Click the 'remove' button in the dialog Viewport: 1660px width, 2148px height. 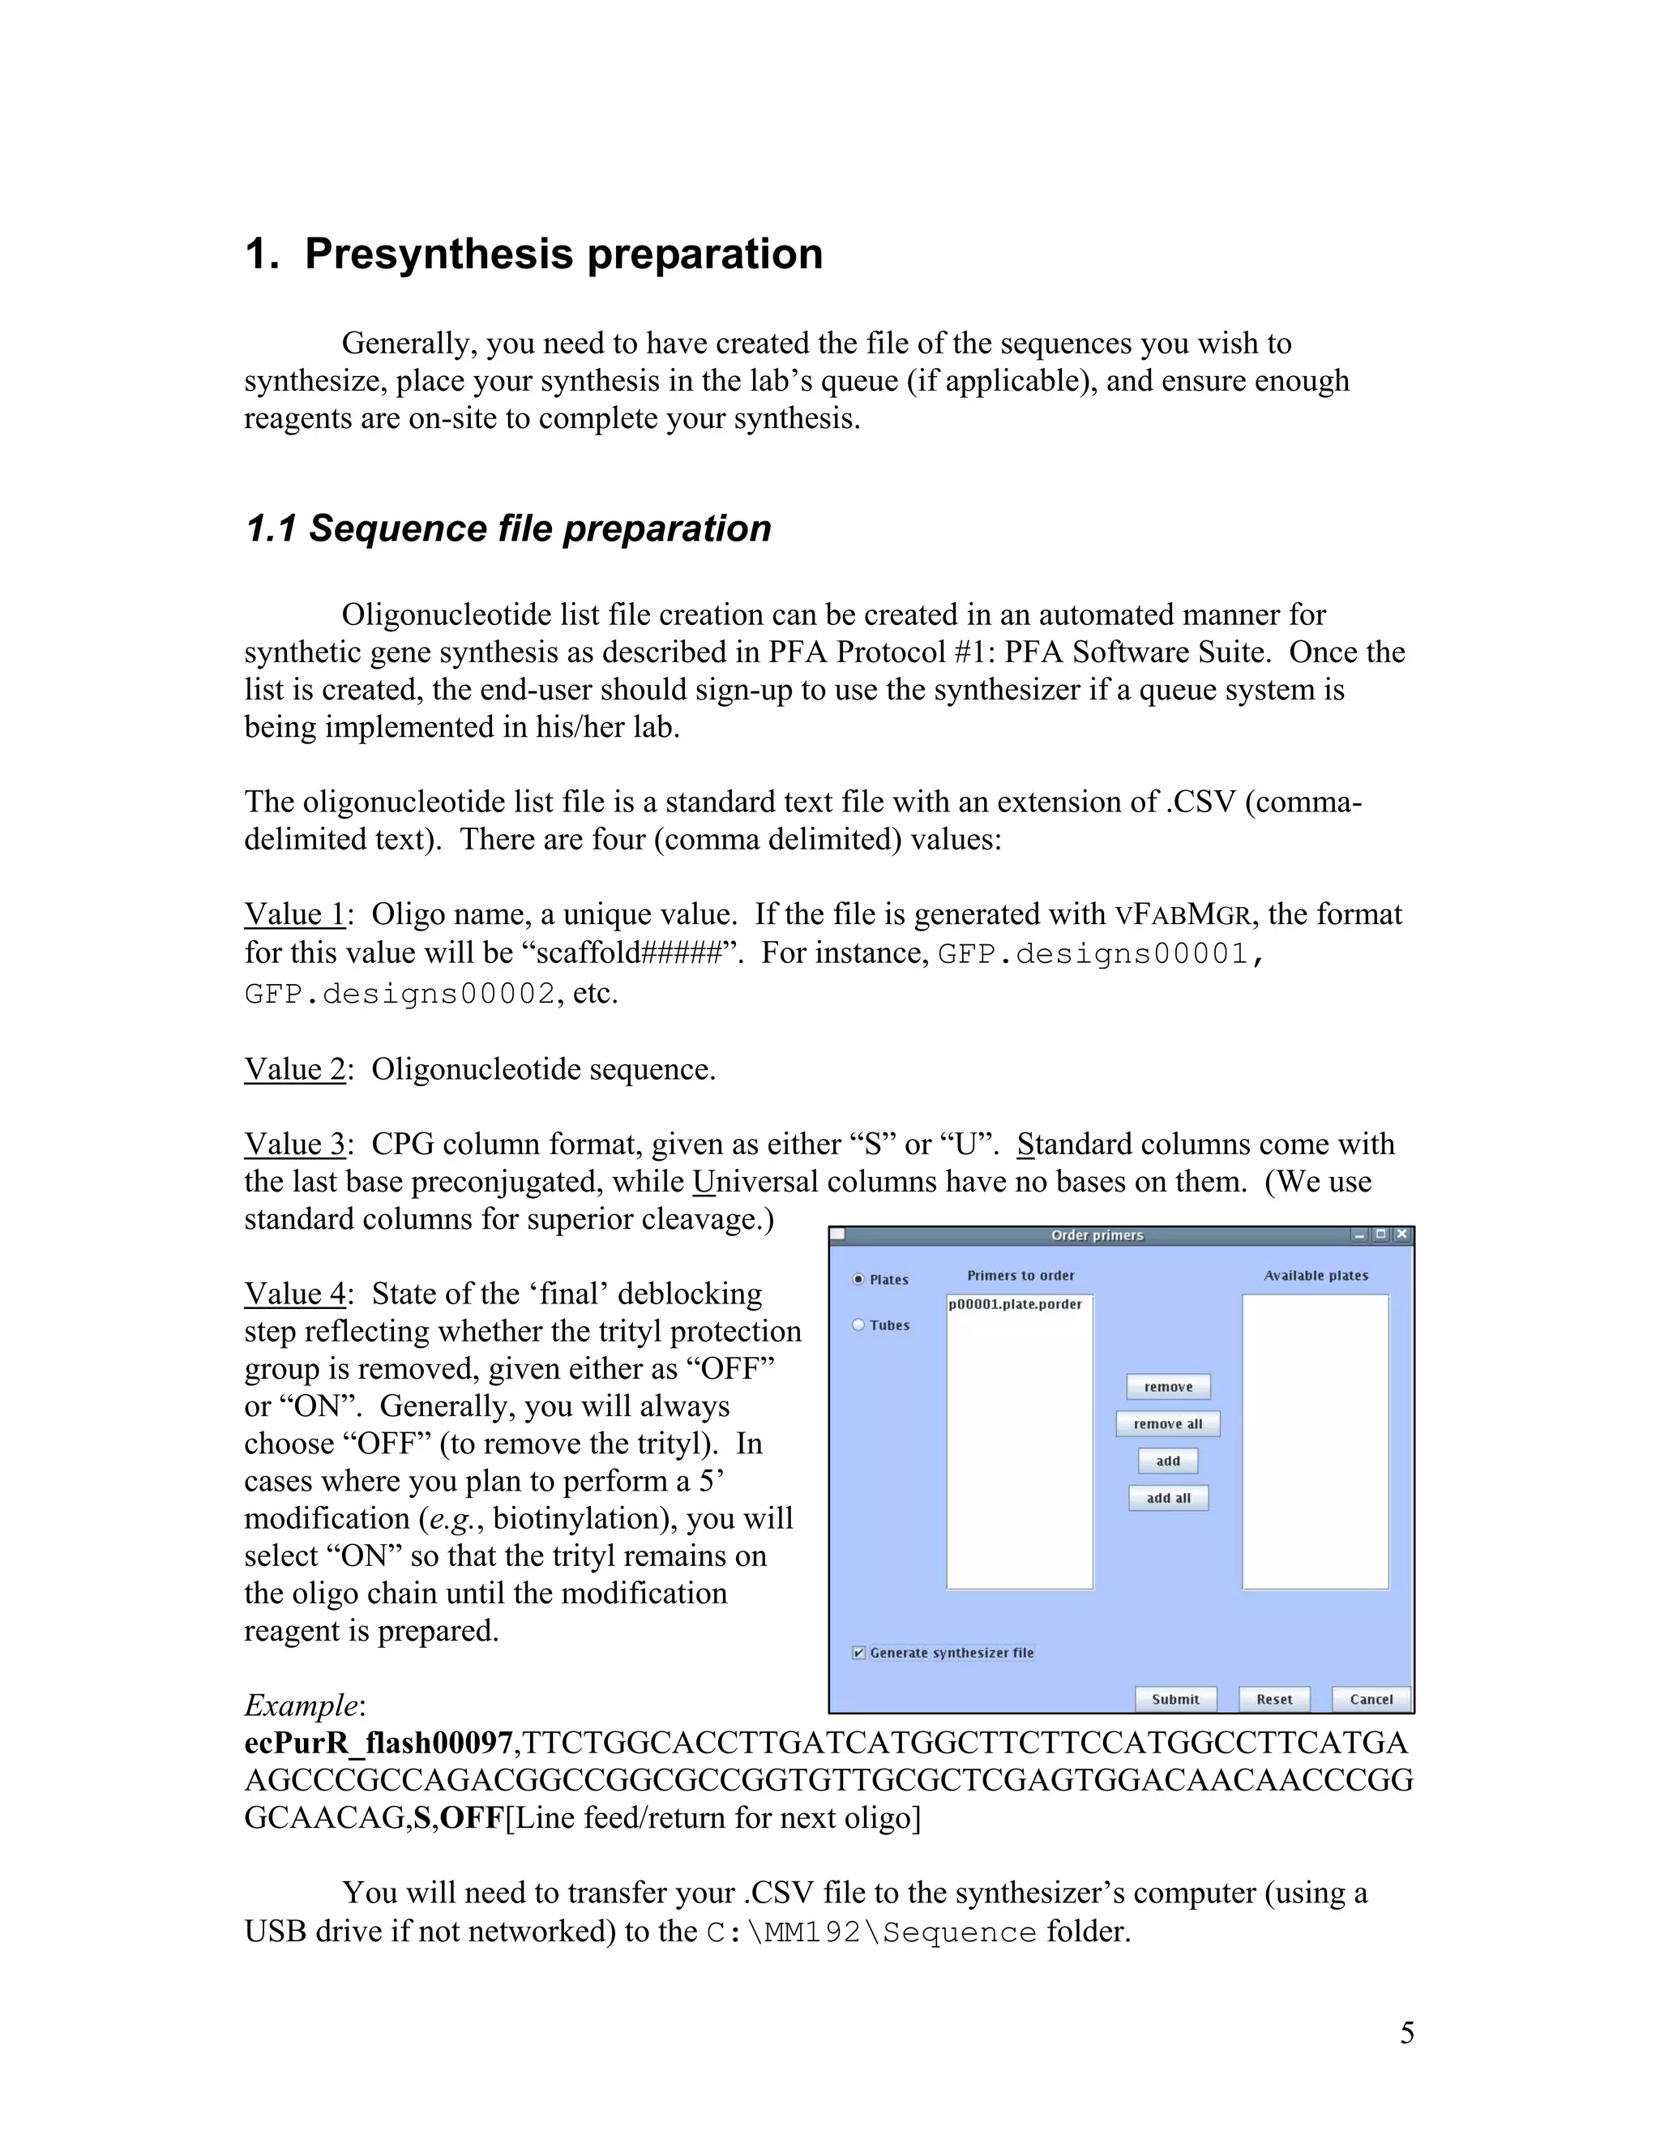point(1167,1387)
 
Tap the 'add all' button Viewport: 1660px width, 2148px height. point(1167,1498)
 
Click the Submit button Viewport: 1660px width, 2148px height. point(1175,1698)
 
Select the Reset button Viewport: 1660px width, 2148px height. point(1273,1698)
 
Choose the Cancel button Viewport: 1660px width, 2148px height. point(1371,1698)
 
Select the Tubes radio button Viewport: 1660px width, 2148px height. point(858,1324)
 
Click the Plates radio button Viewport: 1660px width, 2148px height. point(858,1280)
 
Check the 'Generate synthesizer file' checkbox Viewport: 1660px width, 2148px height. point(858,1652)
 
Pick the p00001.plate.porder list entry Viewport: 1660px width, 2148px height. point(1015,1304)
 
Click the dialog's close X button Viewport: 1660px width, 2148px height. point(1402,1234)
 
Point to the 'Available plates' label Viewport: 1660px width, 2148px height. point(1316,1276)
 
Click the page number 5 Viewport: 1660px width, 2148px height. point(1406,2033)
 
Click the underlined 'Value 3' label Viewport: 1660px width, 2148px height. point(294,1144)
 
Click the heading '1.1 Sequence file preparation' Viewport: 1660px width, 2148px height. point(507,528)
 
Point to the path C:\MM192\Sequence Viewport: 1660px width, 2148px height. point(871,1932)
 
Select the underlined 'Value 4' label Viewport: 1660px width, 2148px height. point(294,1294)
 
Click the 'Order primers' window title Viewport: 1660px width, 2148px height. point(1097,1235)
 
